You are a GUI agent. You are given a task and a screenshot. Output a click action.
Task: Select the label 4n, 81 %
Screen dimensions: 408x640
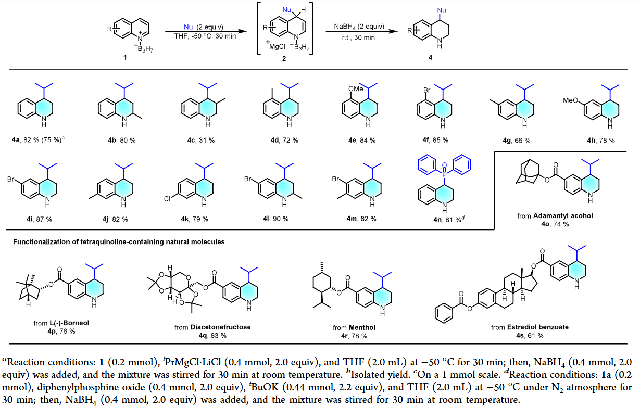pos(441,218)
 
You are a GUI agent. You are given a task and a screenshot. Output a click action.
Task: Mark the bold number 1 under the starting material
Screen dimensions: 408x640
pos(125,57)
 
